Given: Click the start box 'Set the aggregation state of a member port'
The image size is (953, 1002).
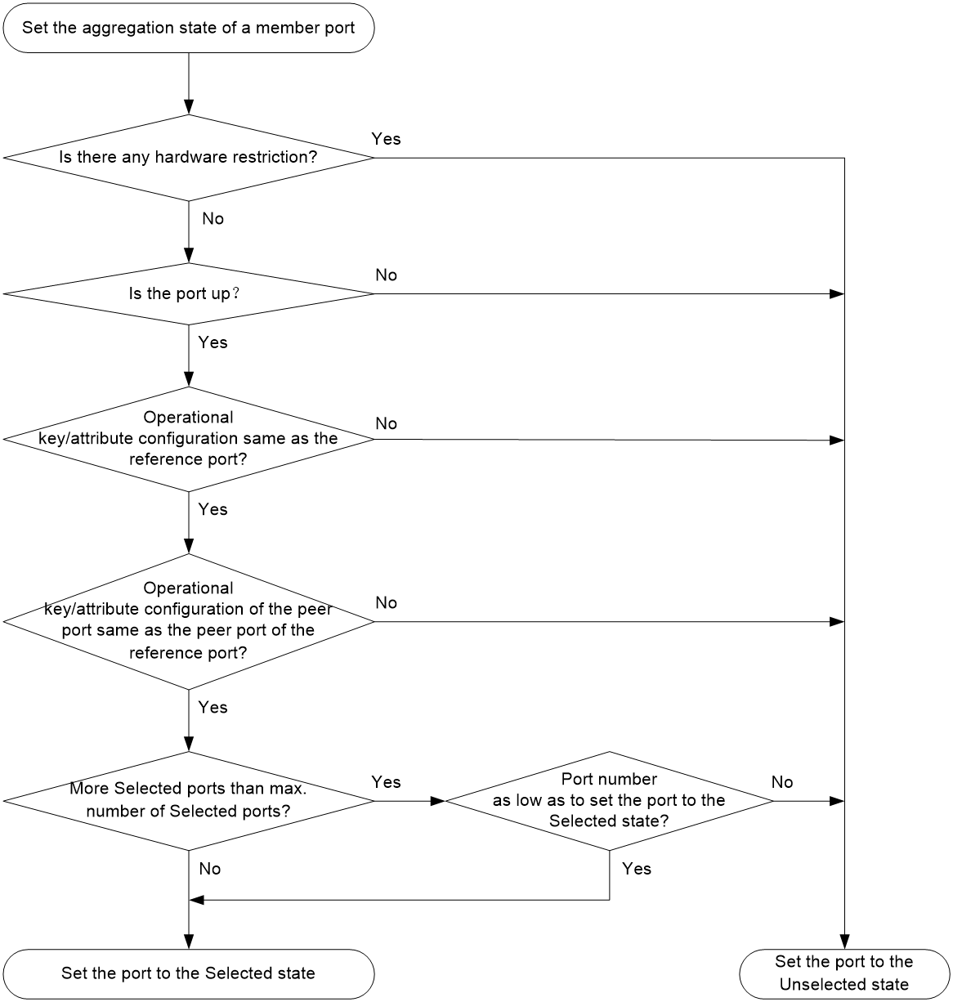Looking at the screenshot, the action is pyautogui.click(x=189, y=28).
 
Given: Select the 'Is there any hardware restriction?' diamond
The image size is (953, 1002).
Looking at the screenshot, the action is pyautogui.click(x=189, y=158).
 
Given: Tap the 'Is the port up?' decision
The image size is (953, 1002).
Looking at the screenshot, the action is pyautogui.click(x=189, y=293).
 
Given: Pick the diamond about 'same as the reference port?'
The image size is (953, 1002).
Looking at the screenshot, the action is pyautogui.click(x=189, y=439).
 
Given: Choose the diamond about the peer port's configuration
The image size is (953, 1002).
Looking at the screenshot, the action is pyautogui.click(x=189, y=621).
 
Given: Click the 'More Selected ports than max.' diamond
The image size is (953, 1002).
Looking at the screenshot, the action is pyautogui.click(x=189, y=801).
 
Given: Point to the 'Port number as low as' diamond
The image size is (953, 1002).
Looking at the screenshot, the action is pyautogui.click(x=610, y=801).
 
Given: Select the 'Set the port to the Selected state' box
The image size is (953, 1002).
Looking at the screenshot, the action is pyautogui.click(x=189, y=973).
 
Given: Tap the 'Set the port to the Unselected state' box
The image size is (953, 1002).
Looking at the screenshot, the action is pyautogui.click(x=844, y=973).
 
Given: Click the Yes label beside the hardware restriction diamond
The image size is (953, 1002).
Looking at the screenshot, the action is pyautogui.click(x=386, y=139).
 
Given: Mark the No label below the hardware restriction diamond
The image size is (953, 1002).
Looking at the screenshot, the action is pyautogui.click(x=213, y=219).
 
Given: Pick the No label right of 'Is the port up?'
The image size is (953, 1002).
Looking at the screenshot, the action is pyautogui.click(x=386, y=275).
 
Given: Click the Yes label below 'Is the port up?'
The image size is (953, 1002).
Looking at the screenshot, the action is pyautogui.click(x=213, y=342).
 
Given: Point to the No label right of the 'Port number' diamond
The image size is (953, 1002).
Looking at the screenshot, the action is pyautogui.click(x=781, y=782).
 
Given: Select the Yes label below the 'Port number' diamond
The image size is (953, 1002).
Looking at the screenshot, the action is pyautogui.click(x=637, y=869).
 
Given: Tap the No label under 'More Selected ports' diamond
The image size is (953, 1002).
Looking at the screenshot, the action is pyautogui.click(x=209, y=869).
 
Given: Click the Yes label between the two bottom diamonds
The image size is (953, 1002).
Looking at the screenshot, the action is pyautogui.click(x=386, y=782).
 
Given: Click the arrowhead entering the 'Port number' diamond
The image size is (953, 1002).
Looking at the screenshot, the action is pyautogui.click(x=438, y=801).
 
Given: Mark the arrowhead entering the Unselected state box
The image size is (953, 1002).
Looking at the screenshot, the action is pyautogui.click(x=844, y=942).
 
